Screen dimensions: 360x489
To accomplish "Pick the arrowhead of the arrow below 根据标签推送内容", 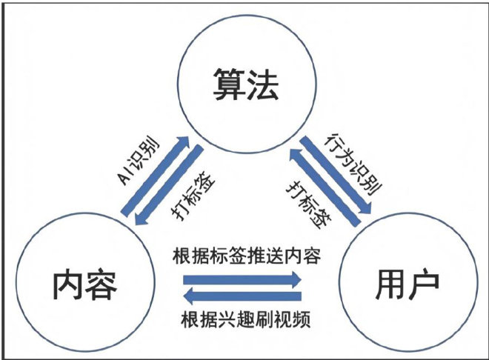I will [x=296, y=279].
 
